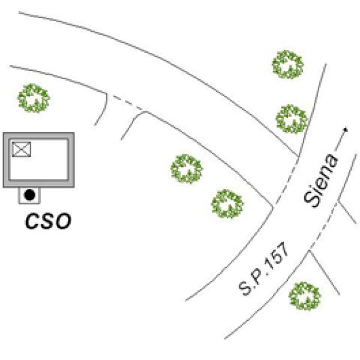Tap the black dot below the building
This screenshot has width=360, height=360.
point(29,195)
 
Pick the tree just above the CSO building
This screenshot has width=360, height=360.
point(34,98)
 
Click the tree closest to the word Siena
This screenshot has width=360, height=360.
point(292,119)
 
